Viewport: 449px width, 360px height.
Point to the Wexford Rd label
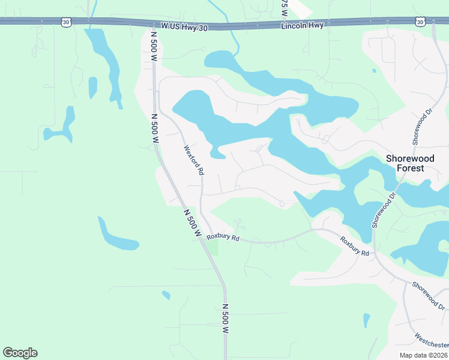[x=193, y=160]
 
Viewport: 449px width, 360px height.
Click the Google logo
[x=20, y=353]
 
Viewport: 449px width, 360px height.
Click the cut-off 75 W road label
[x=285, y=7]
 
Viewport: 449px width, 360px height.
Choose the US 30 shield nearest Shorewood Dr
[x=420, y=22]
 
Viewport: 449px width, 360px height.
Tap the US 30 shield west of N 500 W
[x=65, y=22]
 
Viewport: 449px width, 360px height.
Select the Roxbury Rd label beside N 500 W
[x=223, y=238]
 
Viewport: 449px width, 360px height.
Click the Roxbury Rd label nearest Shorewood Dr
[x=354, y=247]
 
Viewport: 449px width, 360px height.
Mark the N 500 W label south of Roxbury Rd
[x=226, y=319]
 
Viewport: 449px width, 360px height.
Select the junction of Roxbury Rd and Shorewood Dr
[x=375, y=255]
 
